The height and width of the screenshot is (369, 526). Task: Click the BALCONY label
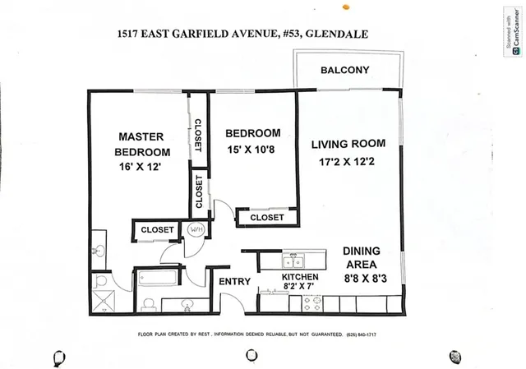click(x=345, y=70)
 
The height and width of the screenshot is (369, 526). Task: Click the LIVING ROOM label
click(x=348, y=145)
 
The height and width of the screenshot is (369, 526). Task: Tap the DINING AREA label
click(x=360, y=258)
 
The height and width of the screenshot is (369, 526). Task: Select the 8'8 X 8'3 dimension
click(x=360, y=279)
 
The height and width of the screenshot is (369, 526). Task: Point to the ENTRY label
click(x=235, y=282)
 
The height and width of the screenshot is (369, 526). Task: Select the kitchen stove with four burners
click(x=313, y=302)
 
